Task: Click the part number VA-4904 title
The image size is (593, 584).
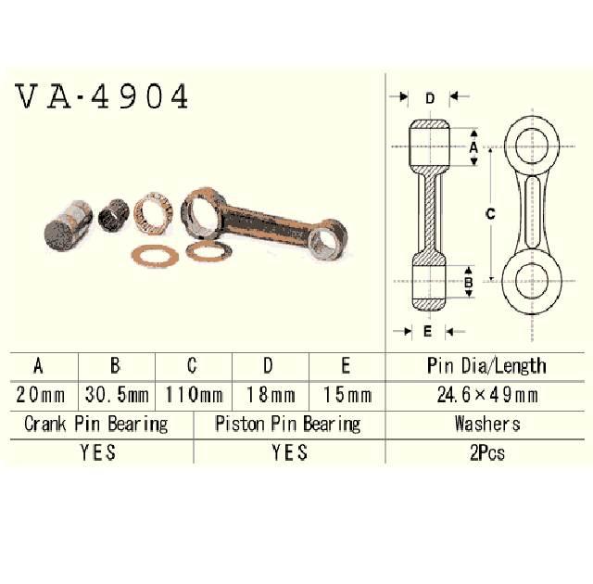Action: point(102,96)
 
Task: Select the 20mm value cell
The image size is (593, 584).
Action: point(40,395)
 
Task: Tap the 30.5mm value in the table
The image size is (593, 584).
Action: point(117,395)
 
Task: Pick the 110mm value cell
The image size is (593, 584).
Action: point(194,395)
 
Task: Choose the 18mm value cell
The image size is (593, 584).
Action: point(270,395)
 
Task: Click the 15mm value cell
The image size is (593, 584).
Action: point(347,395)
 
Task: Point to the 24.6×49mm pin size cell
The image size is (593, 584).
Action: point(487,395)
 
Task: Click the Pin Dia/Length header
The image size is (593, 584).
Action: point(487,365)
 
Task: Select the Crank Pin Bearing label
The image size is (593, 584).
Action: point(96,425)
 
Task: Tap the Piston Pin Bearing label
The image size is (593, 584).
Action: point(288,425)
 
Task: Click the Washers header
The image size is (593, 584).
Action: point(487,425)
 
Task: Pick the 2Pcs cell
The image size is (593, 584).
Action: point(487,453)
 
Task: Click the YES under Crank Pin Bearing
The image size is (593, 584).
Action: point(97,453)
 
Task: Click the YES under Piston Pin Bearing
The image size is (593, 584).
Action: point(289,453)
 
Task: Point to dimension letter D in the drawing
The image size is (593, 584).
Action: point(429,97)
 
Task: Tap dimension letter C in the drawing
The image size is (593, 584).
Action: point(490,213)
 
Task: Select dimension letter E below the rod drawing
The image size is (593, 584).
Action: point(427,330)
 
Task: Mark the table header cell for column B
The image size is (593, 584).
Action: point(117,365)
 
